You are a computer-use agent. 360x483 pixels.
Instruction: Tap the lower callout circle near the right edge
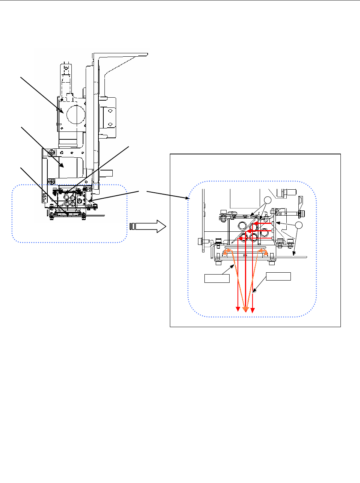coord(299,225)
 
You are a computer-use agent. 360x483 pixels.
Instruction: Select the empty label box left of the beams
coord(217,278)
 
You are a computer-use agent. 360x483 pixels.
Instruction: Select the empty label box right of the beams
coord(278,276)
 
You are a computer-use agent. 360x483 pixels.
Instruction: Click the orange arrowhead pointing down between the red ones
coord(245,309)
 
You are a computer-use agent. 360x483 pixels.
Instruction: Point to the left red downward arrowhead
coord(238,309)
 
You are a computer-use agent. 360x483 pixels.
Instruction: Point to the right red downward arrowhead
coord(253,310)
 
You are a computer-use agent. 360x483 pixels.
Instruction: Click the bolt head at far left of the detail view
coord(200,240)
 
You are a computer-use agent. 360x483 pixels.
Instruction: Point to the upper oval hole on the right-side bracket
coord(110,111)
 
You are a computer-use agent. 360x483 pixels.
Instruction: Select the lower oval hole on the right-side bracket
coord(110,124)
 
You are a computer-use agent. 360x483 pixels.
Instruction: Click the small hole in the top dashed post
coord(66,69)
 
